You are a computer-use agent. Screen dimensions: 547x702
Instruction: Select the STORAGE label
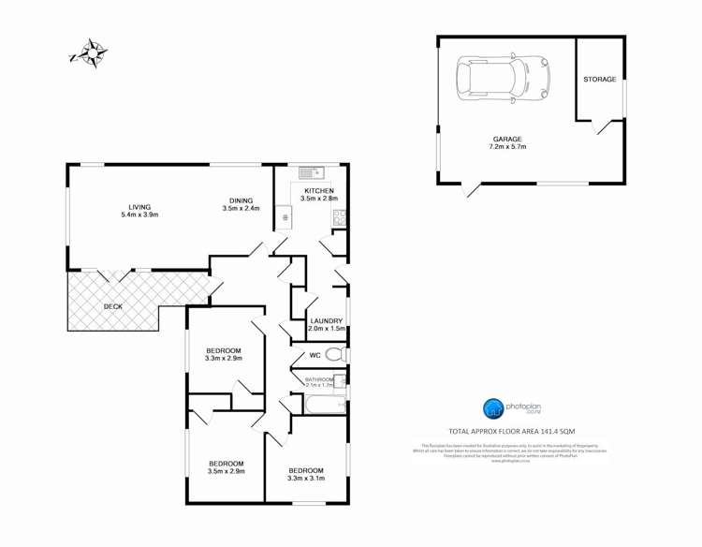coord(600,80)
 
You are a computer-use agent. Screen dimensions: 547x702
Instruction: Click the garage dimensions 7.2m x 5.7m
coord(506,147)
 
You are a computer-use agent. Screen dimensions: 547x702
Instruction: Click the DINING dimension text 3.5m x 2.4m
coord(241,208)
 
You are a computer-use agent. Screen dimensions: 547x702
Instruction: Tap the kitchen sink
coord(311,172)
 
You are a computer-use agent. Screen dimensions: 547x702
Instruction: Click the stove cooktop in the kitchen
coord(339,218)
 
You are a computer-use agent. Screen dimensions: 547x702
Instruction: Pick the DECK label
coord(112,306)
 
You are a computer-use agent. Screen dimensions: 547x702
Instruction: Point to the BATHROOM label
coord(318,377)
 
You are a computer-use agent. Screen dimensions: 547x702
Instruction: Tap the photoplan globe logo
coord(492,408)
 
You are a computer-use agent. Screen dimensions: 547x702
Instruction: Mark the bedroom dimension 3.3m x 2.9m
coord(225,358)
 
